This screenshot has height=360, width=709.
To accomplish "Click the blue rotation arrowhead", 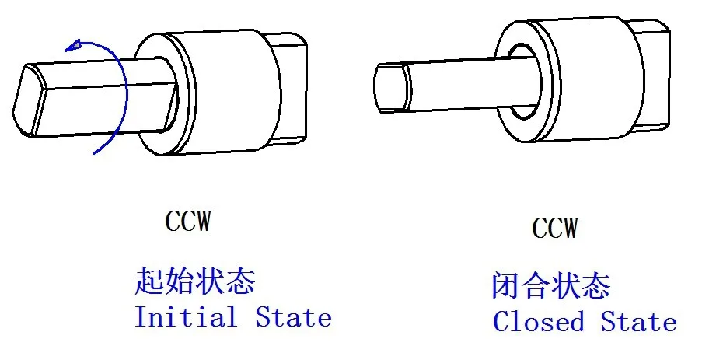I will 75,46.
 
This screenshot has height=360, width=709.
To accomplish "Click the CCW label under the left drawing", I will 187,222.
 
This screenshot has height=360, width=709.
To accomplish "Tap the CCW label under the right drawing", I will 555,228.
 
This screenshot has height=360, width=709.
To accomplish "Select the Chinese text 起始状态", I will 195,281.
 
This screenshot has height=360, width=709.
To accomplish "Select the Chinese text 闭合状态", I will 551,286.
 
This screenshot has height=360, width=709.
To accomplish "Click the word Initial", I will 186,317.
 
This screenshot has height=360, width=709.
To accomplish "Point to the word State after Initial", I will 293,317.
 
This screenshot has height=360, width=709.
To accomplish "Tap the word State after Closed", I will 638,321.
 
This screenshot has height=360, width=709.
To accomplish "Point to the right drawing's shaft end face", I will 389,86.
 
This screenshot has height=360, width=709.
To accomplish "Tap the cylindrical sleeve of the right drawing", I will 591,86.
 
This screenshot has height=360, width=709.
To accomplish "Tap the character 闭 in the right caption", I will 505,287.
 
